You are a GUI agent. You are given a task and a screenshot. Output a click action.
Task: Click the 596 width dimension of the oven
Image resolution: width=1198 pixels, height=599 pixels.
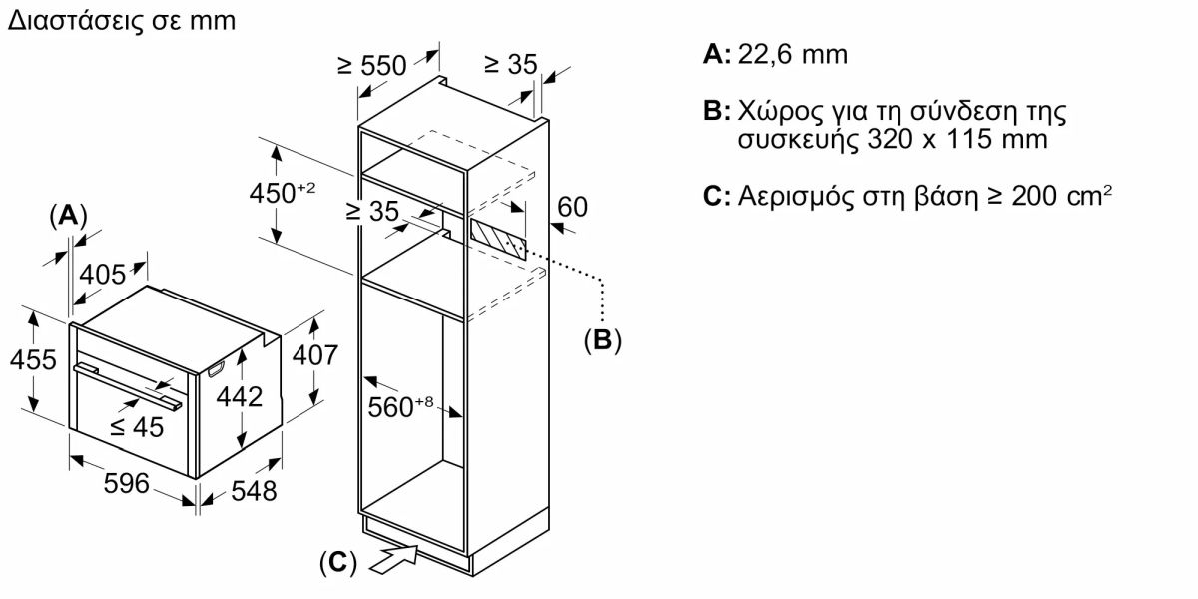coord(126,483)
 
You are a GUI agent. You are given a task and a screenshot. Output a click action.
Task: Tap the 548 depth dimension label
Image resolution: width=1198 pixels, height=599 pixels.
coord(254,491)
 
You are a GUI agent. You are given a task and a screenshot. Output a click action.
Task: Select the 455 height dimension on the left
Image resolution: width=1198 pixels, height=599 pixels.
coord(33,359)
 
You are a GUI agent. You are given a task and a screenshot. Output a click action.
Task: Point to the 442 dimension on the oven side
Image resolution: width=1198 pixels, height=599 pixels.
coord(239,397)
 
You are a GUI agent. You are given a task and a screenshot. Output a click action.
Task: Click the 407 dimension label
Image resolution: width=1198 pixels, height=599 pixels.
coord(315,355)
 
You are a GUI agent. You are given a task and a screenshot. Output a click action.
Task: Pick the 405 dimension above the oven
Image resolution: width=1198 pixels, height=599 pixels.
coord(102,275)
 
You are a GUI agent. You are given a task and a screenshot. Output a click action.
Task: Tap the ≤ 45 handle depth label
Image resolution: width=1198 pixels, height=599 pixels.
coord(137,428)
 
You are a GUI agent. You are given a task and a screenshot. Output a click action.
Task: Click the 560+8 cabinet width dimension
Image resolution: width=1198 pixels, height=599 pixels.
coord(400,407)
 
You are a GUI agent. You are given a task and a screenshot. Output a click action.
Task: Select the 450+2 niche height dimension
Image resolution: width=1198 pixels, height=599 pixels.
coord(283,193)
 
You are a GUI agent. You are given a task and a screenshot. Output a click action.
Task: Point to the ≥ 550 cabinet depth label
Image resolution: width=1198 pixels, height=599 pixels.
coord(372,66)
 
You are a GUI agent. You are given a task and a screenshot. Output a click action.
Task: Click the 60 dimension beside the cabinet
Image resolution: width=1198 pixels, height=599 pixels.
coord(572,207)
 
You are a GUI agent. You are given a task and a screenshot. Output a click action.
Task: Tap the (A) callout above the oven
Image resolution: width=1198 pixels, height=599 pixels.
coord(68,216)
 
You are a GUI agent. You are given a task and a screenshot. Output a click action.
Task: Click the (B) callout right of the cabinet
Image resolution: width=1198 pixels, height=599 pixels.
coord(603,340)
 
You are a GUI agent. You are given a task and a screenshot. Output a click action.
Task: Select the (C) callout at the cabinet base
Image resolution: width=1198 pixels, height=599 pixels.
coord(338,563)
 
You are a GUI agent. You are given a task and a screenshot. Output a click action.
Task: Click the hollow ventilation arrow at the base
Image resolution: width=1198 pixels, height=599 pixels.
coord(393,559)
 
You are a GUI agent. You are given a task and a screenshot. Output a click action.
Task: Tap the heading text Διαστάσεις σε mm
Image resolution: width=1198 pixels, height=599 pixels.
coord(122,21)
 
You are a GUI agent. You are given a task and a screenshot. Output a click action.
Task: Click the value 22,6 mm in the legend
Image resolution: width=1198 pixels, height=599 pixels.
coord(793,55)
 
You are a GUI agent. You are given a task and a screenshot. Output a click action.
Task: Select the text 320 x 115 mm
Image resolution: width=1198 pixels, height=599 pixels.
coord(957,139)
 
